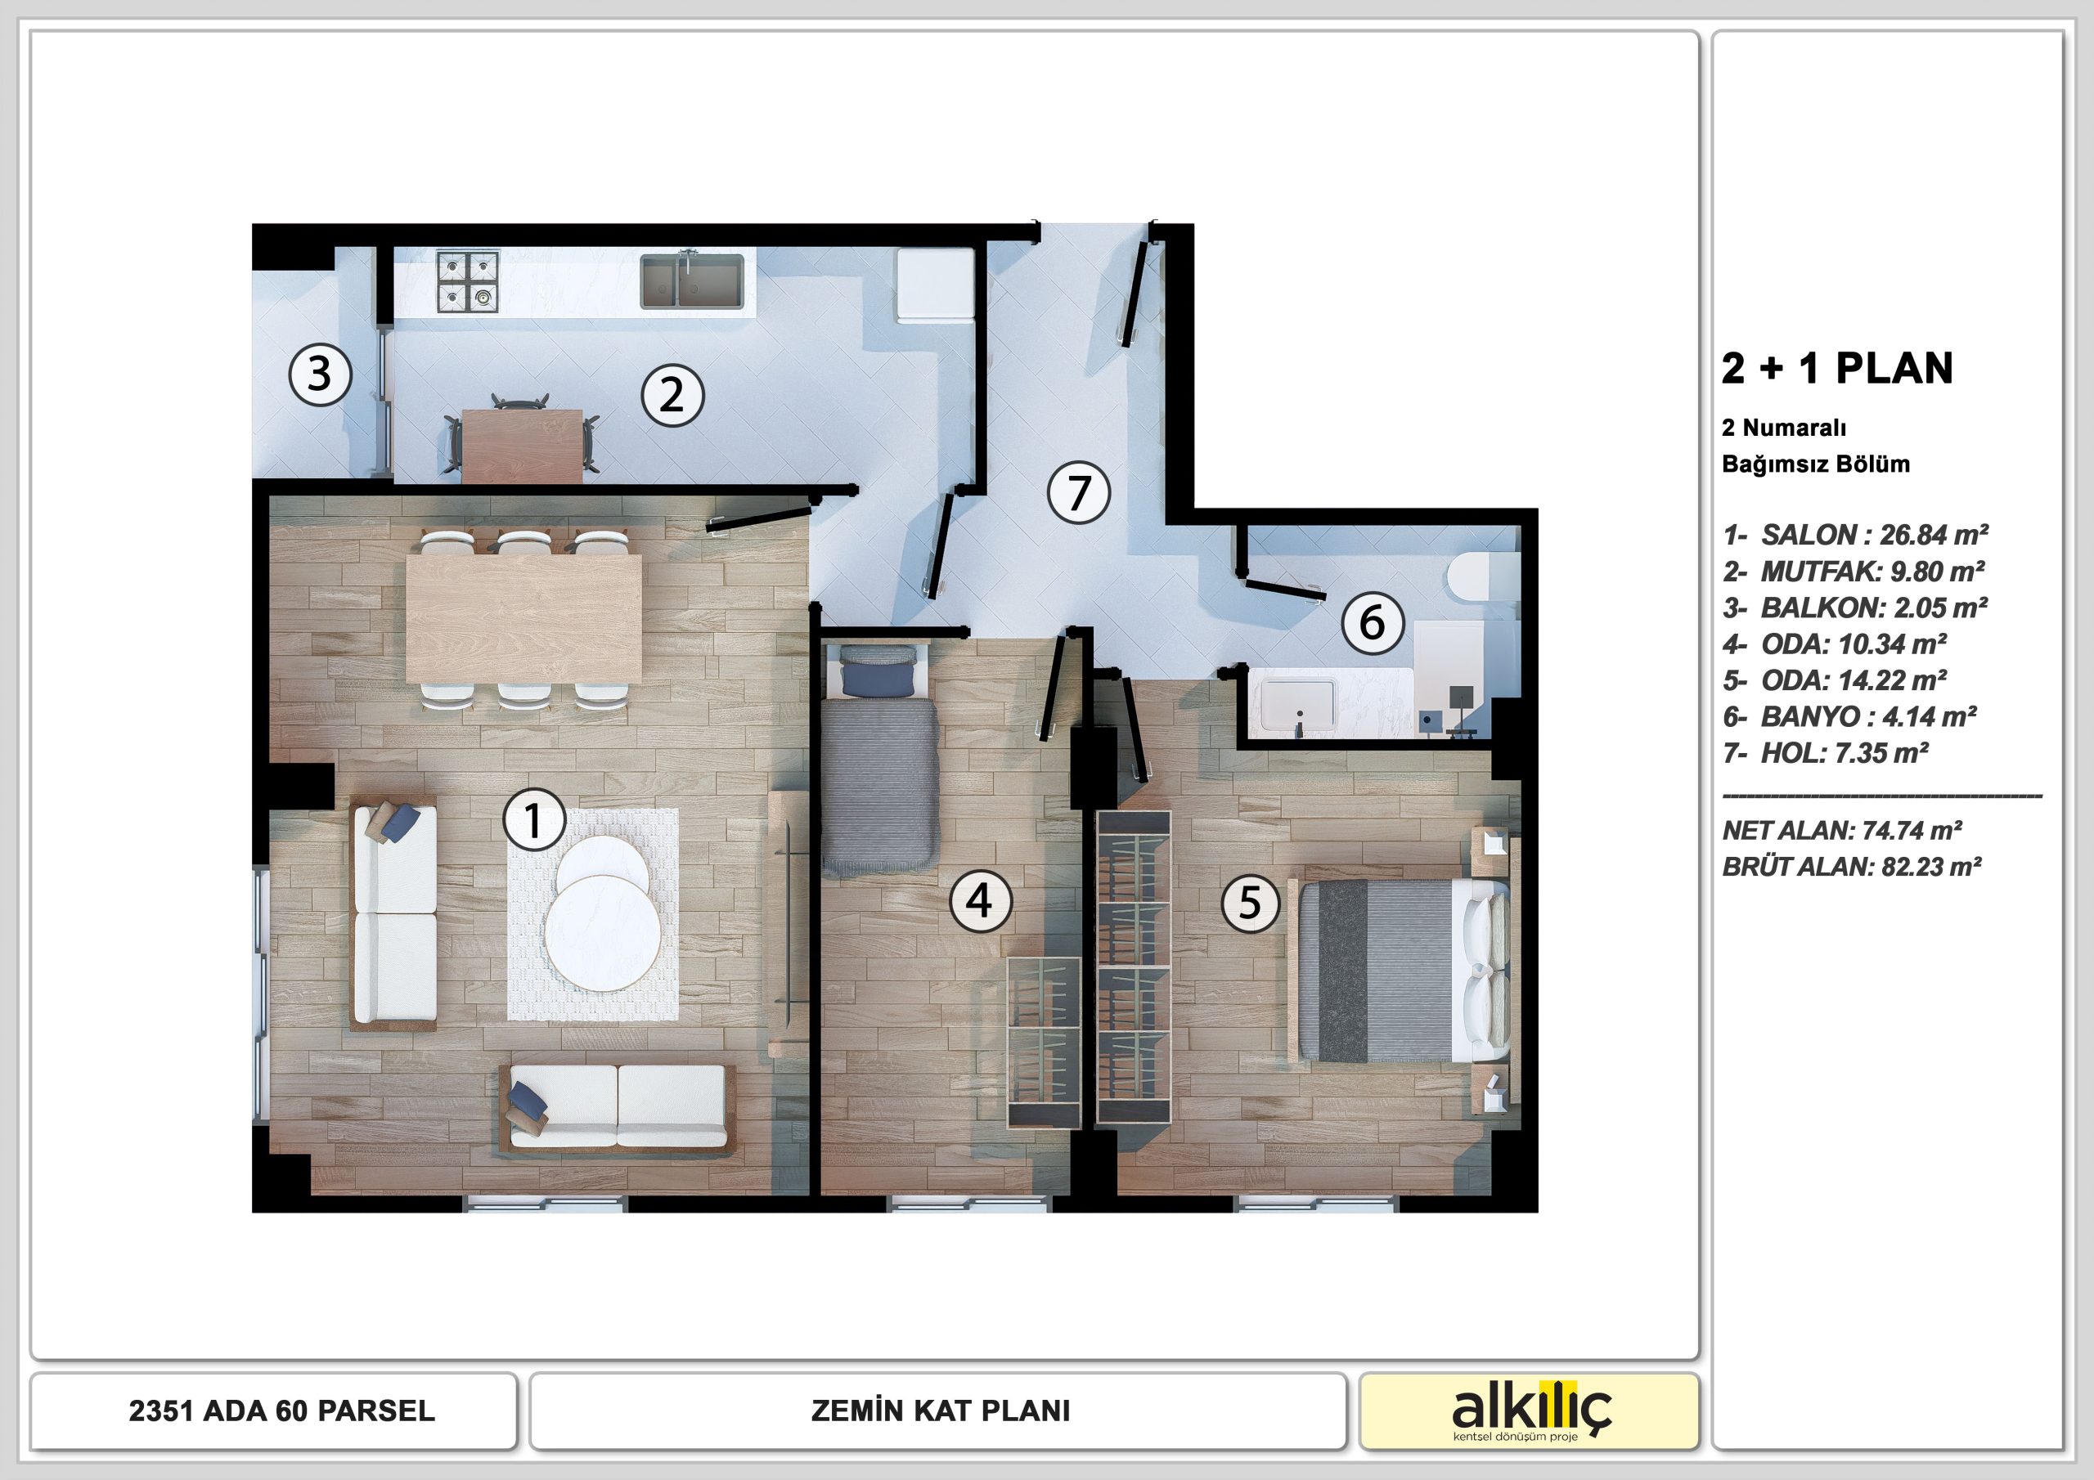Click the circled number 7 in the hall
[x=1079, y=492]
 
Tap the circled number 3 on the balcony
[x=320, y=374]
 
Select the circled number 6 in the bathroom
[x=1372, y=623]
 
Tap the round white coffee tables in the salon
[x=603, y=913]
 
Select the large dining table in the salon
[x=523, y=618]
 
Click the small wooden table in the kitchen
[x=523, y=446]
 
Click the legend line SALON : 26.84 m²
[x=1856, y=535]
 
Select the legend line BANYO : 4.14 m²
[x=1849, y=717]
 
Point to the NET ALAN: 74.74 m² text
[x=1842, y=831]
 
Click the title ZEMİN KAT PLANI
[x=941, y=1410]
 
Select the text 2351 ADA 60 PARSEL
[x=282, y=1410]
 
